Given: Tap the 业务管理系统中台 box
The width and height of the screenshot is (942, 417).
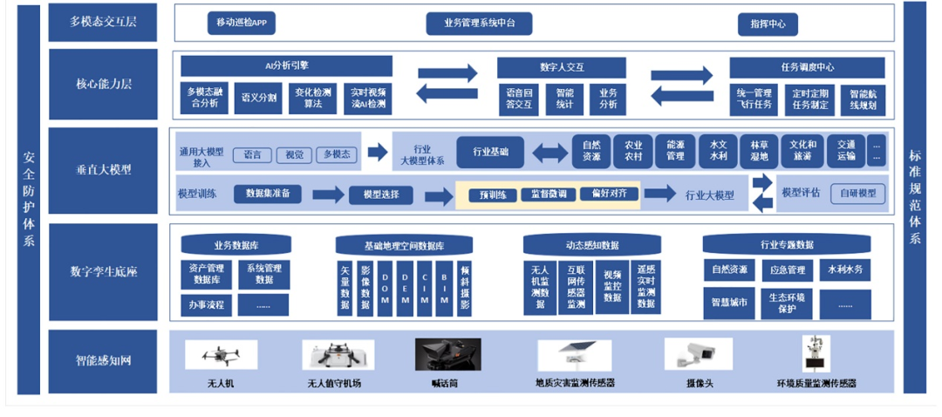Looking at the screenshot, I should pos(479,24).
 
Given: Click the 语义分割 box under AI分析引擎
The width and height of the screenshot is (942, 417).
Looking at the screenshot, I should pos(259,98).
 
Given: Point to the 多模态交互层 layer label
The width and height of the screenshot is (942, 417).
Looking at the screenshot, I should pos(103,22).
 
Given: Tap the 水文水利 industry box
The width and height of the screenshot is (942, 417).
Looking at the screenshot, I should pos(718,151).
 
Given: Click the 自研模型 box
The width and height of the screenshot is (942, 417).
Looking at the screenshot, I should pos(858,194).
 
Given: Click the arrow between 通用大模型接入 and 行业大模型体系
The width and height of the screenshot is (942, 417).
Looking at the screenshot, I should pos(378,153).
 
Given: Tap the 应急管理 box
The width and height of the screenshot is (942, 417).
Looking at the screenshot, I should pos(788,270).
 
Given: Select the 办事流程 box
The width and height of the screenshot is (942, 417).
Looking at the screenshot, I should pos(207,304).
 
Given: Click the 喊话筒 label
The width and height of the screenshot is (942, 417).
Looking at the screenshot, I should pos(445,383).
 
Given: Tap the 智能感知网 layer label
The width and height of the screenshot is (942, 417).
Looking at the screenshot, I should pos(103,359).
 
